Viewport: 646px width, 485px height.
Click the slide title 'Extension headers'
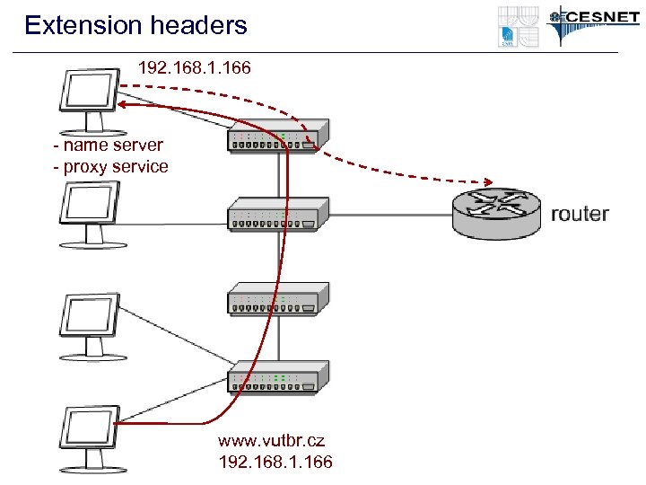[x=136, y=25]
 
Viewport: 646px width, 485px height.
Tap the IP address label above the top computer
[x=195, y=67]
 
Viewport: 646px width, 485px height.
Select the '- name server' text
[x=109, y=145]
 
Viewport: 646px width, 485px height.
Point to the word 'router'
[x=580, y=214]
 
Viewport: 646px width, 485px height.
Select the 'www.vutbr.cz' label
[x=271, y=441]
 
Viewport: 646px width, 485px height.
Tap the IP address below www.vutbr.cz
[x=275, y=462]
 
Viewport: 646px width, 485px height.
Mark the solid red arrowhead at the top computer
[x=122, y=105]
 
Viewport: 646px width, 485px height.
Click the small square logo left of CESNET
[x=519, y=26]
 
